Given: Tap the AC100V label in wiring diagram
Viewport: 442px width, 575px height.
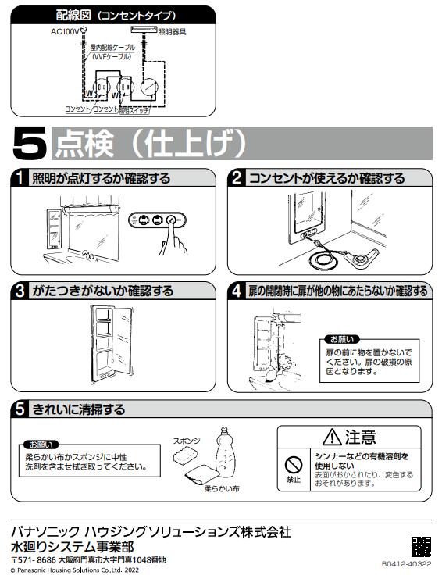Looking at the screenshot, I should (x=65, y=32).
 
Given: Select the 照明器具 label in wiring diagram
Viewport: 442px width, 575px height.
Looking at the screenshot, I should (x=173, y=32).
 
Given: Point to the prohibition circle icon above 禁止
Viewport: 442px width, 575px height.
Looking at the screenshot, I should (x=293, y=463).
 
